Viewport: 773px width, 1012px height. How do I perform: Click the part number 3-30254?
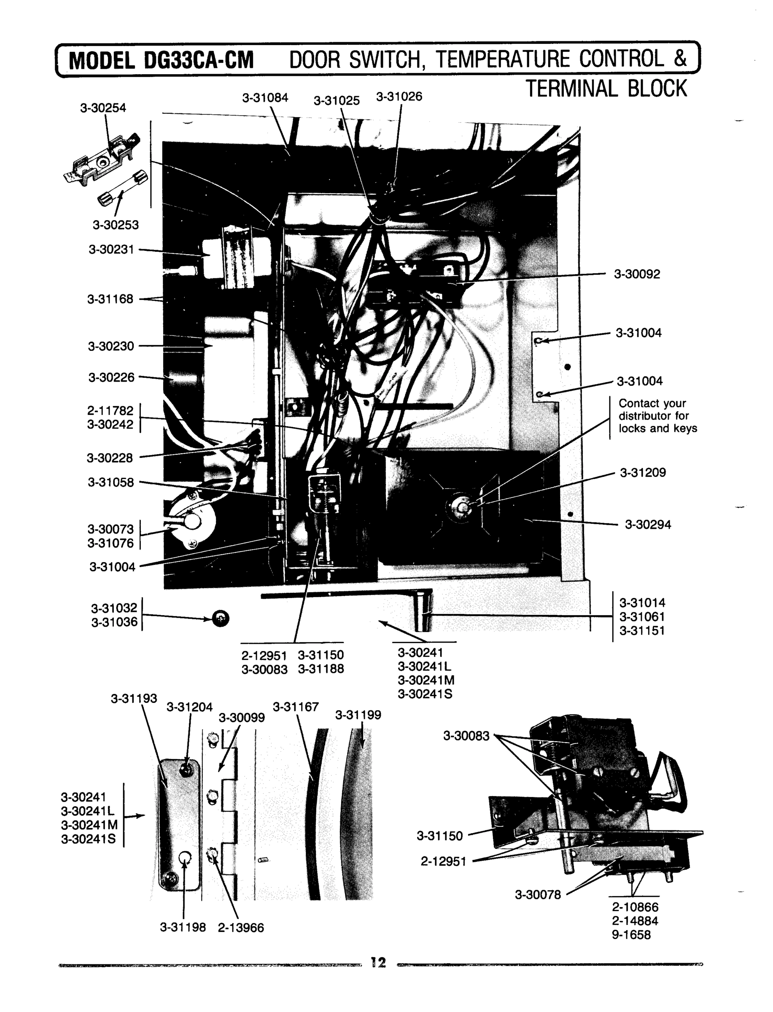(x=102, y=108)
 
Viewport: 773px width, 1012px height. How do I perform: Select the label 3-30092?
(x=637, y=274)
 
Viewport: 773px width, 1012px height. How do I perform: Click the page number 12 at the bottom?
(x=378, y=962)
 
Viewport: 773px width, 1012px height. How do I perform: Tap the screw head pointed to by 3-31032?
(x=221, y=619)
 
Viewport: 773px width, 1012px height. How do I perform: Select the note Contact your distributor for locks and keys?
(x=657, y=416)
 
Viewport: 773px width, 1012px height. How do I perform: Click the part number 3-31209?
(x=643, y=472)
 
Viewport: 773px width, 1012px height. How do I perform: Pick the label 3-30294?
(x=647, y=525)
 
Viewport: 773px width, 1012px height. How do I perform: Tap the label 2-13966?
(x=241, y=928)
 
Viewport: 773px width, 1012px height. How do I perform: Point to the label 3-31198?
(x=183, y=927)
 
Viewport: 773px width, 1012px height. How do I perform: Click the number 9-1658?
(x=631, y=935)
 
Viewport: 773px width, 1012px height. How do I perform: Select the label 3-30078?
(x=537, y=895)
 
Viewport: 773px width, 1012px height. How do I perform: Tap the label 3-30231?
(x=111, y=249)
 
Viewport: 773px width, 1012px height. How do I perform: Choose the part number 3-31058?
(x=110, y=482)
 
